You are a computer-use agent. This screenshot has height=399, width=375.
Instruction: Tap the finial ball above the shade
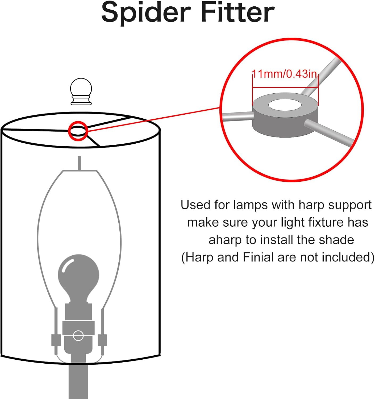pos(81,92)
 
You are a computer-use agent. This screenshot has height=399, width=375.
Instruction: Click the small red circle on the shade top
pos(78,131)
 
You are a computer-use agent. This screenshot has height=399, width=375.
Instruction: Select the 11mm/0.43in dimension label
pos(284,74)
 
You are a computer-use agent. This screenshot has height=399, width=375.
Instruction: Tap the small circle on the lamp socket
pos(78,335)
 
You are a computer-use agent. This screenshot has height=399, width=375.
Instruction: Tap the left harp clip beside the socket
pos(56,340)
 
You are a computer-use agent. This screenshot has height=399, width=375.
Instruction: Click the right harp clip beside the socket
pos(102,340)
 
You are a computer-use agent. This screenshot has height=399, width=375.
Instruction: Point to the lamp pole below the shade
pos(78,382)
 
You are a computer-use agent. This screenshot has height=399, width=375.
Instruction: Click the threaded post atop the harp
pos(79,163)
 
